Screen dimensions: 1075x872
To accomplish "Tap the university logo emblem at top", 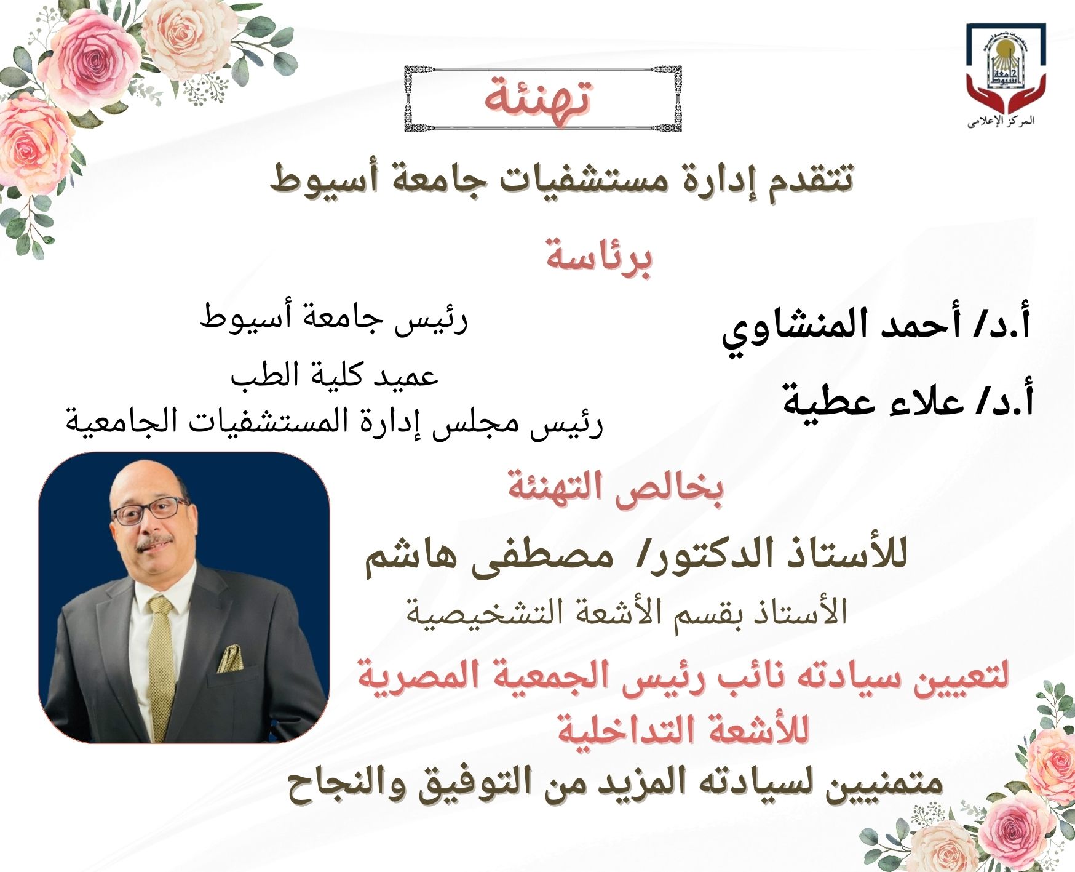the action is (1006, 68).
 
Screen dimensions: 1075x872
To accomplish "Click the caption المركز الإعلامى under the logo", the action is (1001, 121).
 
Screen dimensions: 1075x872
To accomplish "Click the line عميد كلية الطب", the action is (335, 375).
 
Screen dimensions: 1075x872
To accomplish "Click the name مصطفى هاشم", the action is (490, 558).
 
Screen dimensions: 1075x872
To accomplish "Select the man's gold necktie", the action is (162, 667).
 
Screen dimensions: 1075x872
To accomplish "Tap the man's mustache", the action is (154, 543).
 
